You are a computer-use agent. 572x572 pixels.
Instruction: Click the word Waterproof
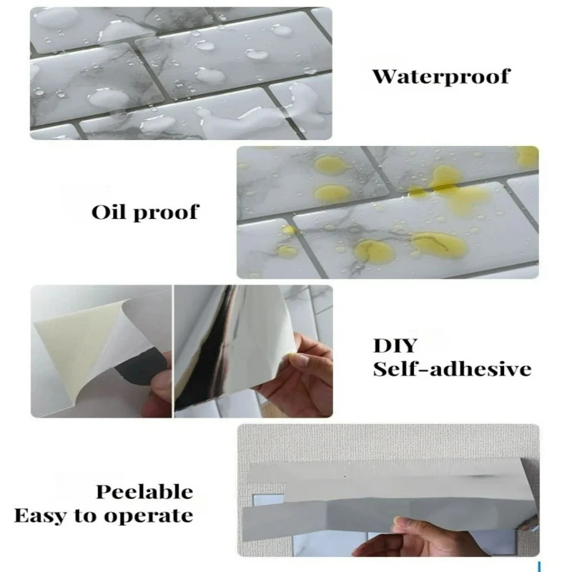point(441,77)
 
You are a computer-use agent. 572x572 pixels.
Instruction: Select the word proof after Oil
point(166,213)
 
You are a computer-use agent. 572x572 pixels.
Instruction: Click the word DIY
point(395,345)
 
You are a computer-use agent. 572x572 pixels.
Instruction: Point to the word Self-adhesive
point(452,369)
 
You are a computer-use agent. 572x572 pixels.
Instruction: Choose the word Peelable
point(144,492)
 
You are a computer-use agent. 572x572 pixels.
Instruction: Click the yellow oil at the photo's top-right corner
point(528,156)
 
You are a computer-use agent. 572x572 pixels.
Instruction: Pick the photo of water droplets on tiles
point(181,74)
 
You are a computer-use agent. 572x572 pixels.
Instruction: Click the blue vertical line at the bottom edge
point(539,567)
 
